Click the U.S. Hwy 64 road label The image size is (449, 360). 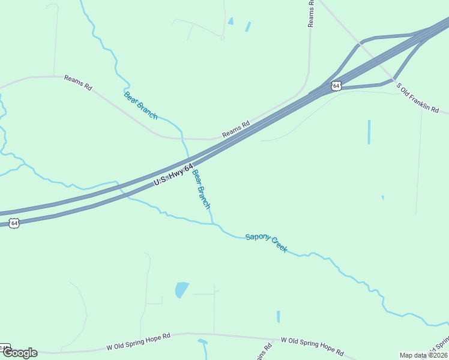click(x=173, y=173)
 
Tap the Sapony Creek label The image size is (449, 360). click(x=267, y=242)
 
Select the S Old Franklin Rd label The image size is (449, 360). click(x=418, y=98)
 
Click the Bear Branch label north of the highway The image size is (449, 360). click(x=140, y=106)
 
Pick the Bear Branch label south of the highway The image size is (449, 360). click(x=201, y=189)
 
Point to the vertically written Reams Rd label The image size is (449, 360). click(x=311, y=13)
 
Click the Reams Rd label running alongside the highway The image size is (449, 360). click(x=236, y=130)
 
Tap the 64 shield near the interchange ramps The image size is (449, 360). click(x=336, y=86)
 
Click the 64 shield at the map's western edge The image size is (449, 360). click(x=14, y=223)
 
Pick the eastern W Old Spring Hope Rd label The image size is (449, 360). click(x=312, y=346)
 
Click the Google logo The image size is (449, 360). click(x=20, y=353)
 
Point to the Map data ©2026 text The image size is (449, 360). click(x=423, y=355)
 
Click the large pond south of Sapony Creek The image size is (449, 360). click(x=181, y=290)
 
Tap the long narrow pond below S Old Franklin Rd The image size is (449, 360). click(x=369, y=132)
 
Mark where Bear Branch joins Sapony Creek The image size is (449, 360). click(x=214, y=224)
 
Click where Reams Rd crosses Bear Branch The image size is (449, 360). click(x=184, y=139)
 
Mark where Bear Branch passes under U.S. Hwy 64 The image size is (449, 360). click(x=190, y=159)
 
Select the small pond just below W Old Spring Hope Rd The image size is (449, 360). click(x=203, y=347)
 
